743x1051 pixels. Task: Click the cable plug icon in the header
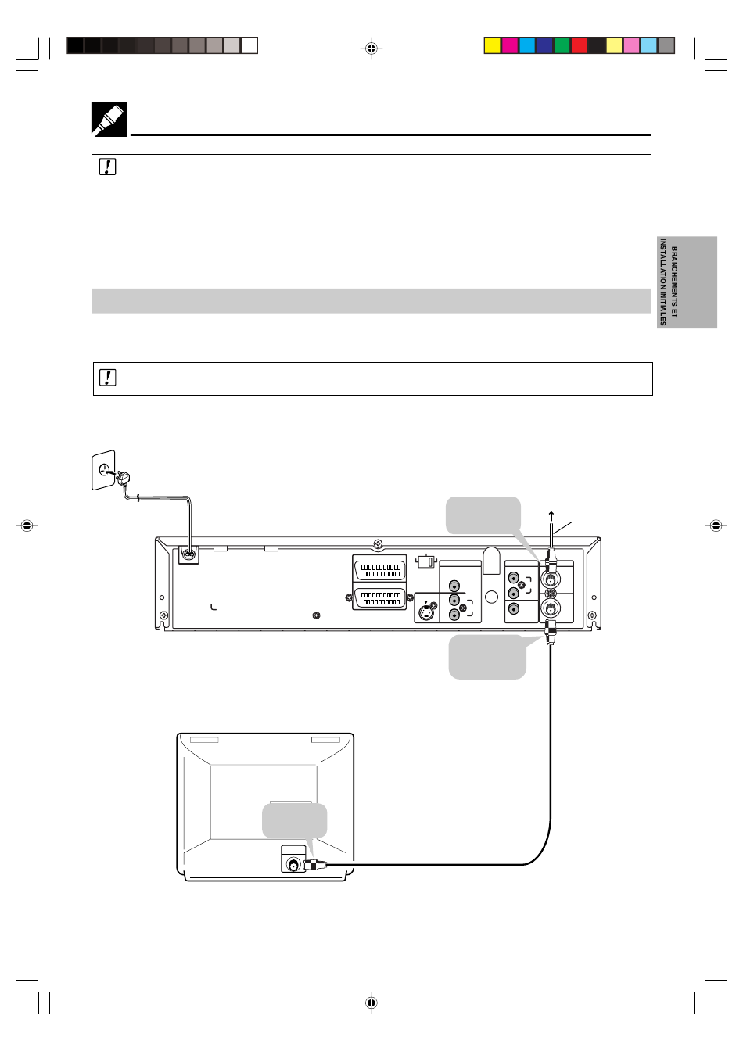(109, 119)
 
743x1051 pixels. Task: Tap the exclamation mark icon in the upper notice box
(107, 167)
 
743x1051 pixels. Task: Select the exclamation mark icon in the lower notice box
(107, 377)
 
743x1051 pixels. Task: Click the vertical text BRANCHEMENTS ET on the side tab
(674, 282)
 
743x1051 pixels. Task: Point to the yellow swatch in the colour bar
(493, 45)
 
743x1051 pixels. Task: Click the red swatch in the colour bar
(580, 45)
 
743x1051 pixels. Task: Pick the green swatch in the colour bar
(562, 45)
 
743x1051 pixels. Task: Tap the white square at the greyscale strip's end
(249, 45)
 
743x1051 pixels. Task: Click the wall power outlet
(103, 470)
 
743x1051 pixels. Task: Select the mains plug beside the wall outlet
(123, 478)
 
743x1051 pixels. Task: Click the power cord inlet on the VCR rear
(188, 554)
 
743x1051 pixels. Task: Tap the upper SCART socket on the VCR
(379, 569)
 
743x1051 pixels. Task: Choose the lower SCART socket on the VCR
(379, 598)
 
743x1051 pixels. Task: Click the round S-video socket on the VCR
(425, 613)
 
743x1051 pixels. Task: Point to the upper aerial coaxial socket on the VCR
(551, 579)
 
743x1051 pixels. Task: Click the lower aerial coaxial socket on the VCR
(551, 609)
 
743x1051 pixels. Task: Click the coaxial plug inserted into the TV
(315, 864)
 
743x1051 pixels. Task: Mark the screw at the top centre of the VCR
(378, 544)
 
